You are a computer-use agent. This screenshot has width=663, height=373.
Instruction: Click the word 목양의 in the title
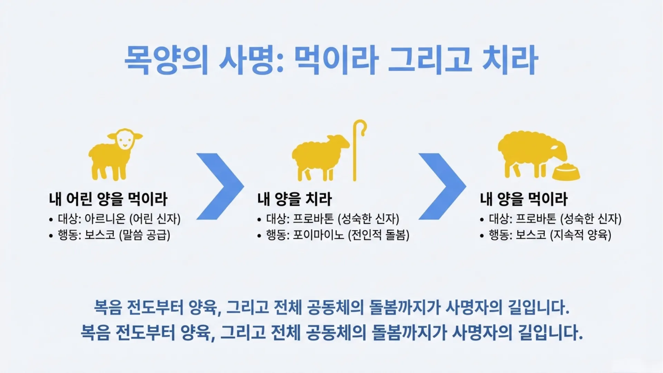tap(166, 60)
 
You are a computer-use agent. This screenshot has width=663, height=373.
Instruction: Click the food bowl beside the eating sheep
tap(566, 172)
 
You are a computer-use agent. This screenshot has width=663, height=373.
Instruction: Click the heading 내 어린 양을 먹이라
tap(108, 199)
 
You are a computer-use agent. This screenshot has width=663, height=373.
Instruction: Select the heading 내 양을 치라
tap(294, 199)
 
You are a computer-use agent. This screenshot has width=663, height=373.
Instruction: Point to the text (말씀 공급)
tap(145, 235)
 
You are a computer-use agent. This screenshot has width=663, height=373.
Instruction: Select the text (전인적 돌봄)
tap(378, 235)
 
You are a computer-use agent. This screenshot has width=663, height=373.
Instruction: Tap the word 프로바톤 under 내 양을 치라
tap(313, 219)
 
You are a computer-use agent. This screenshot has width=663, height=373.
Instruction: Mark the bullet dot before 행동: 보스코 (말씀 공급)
tap(51, 236)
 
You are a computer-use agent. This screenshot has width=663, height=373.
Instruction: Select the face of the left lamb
tap(124, 139)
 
